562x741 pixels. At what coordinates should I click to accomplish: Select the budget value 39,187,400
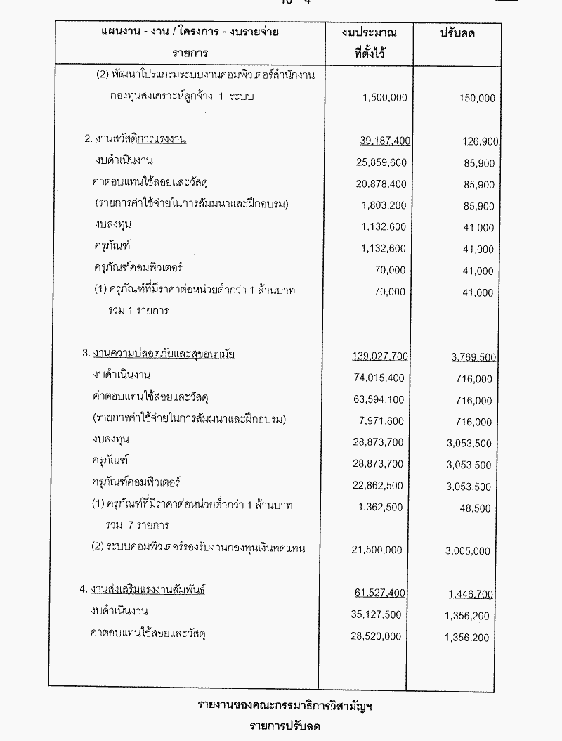384,141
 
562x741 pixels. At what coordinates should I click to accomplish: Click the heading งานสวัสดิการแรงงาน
139,139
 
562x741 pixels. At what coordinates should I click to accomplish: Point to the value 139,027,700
380,356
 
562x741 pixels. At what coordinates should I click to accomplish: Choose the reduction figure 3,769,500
473,356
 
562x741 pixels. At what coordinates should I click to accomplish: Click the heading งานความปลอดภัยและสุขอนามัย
164,354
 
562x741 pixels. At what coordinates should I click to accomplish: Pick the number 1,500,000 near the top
385,98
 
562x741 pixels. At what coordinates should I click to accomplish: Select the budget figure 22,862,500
381,486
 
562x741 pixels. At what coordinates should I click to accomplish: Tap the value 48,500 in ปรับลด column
478,507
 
